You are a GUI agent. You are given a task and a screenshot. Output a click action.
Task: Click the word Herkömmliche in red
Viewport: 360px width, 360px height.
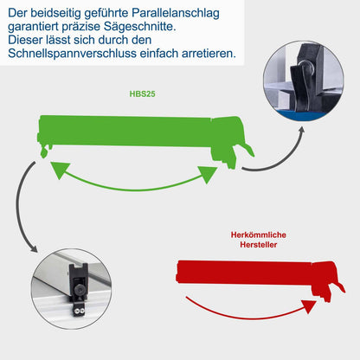point(259,235)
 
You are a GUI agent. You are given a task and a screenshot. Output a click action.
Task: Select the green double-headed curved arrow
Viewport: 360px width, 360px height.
point(133,177)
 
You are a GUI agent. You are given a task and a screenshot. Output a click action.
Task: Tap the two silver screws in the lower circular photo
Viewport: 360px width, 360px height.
point(76,307)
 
